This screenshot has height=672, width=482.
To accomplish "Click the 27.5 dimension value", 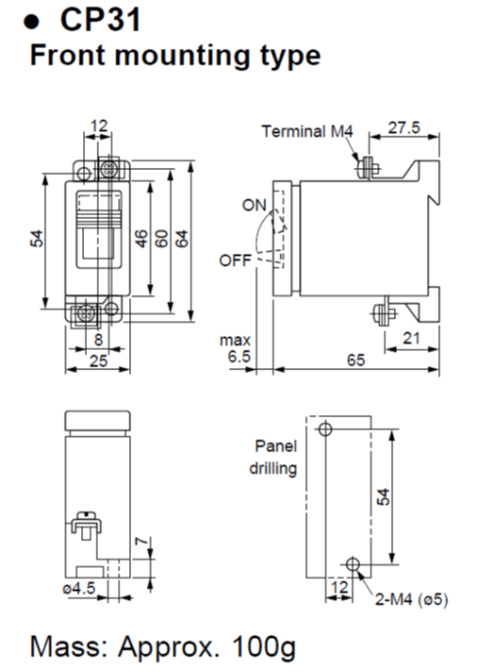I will click(403, 129).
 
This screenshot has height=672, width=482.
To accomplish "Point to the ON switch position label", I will click(255, 205).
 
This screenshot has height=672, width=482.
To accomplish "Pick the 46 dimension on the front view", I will click(139, 237).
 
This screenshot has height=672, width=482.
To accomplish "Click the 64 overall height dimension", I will click(182, 237).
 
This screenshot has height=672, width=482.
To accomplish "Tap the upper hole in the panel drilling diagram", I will click(327, 428).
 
